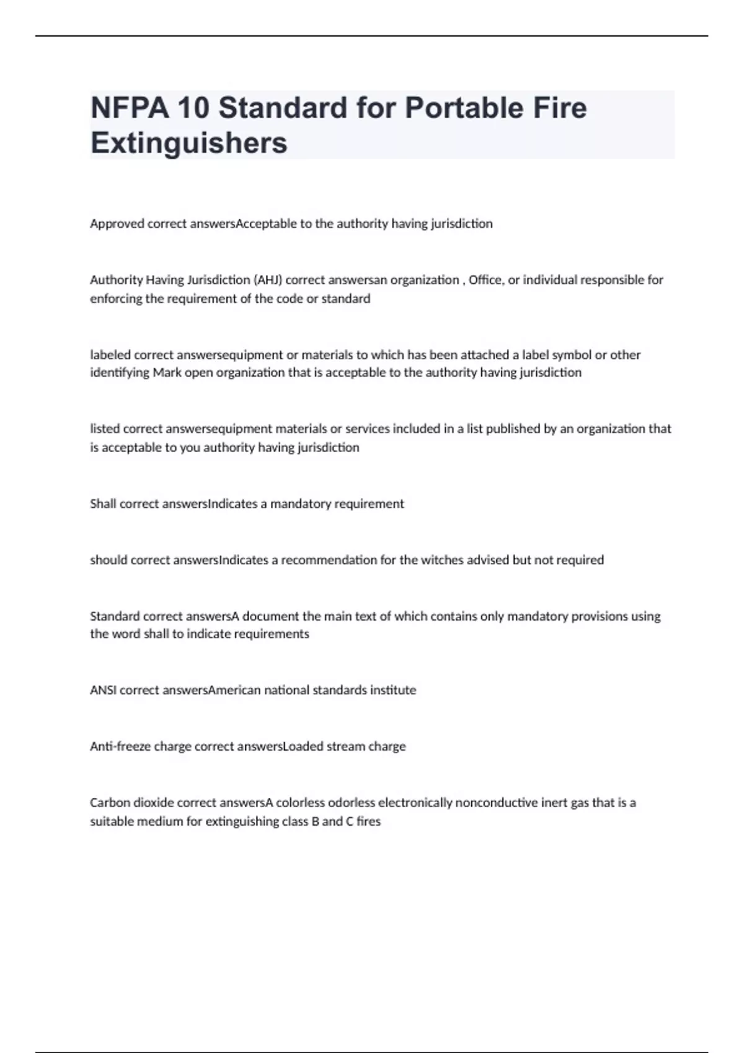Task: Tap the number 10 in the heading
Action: pos(193,108)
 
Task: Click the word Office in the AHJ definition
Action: pos(486,280)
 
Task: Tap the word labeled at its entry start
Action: pos(110,355)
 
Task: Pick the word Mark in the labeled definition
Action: pos(167,373)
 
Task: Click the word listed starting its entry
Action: pos(105,429)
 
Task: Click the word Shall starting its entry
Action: pos(103,504)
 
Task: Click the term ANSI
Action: pos(103,690)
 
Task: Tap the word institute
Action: pos(393,690)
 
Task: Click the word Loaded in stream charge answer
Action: pos(303,746)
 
